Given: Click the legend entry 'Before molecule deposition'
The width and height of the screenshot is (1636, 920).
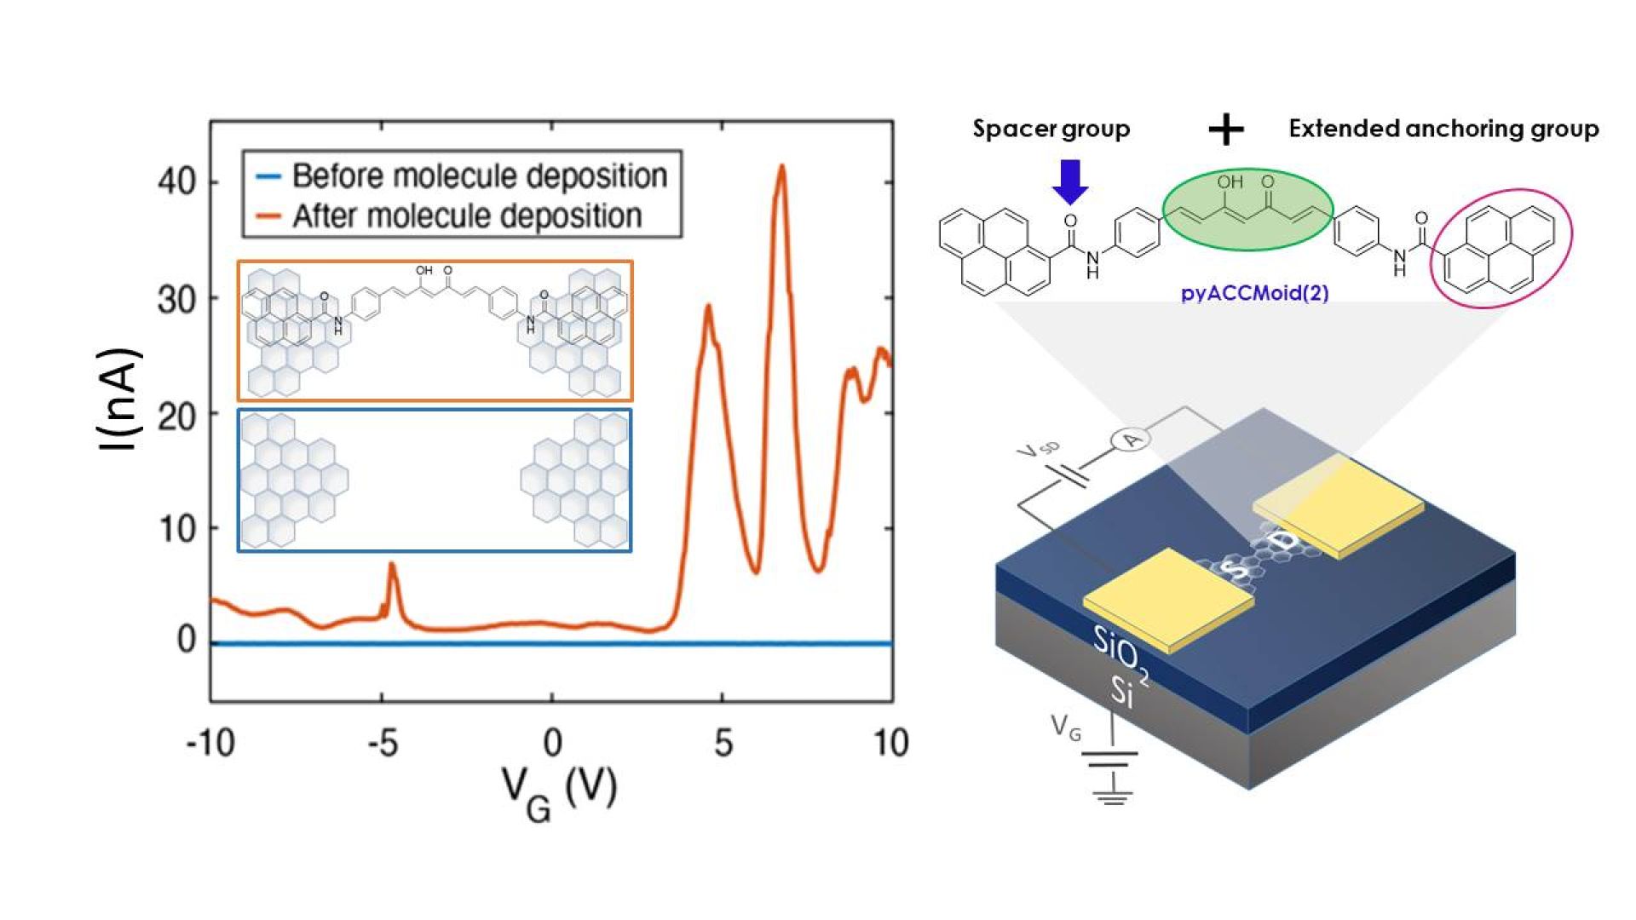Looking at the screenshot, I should (479, 176).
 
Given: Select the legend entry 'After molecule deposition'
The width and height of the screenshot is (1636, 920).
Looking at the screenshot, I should (467, 216).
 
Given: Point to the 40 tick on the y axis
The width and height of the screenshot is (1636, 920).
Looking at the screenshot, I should (178, 182).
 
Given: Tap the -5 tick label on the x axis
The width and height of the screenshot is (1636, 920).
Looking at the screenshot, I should (383, 744).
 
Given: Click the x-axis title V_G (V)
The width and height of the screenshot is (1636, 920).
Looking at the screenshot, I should (559, 791).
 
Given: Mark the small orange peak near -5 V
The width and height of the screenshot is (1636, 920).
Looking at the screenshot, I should (392, 566).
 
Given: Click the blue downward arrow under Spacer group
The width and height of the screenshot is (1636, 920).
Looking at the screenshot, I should (1070, 181).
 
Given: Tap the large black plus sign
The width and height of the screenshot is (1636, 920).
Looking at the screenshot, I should (1226, 130).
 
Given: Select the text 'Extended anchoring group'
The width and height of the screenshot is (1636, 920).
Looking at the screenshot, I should (1443, 129).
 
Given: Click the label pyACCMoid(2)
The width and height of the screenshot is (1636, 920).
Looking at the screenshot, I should (1254, 293).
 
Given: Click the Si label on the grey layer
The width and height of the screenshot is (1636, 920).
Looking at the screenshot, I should (1122, 692).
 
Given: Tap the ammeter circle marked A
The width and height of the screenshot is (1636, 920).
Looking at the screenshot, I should (1131, 440).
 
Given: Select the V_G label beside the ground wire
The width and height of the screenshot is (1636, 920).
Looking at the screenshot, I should (1066, 727).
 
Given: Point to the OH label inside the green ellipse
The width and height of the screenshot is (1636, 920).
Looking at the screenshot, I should (1230, 182).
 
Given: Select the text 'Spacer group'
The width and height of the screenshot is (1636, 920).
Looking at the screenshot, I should (1051, 129).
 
